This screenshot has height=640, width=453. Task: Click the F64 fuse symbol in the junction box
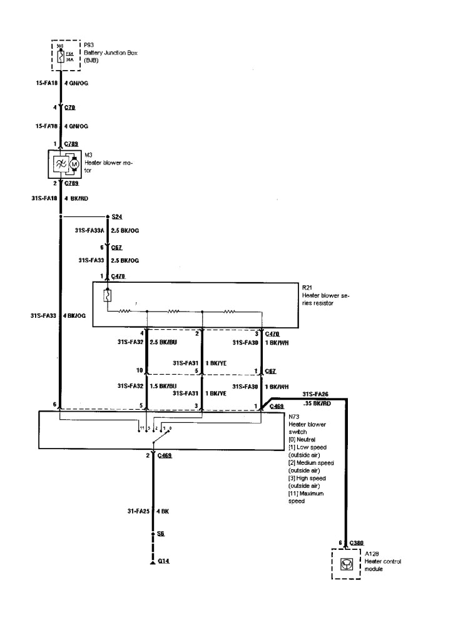pos(61,58)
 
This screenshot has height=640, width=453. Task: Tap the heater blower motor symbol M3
pos(66,163)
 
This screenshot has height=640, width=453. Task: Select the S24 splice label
pos(116,216)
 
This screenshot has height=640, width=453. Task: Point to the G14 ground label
pos(163,561)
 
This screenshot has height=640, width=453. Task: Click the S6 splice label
pos(161,534)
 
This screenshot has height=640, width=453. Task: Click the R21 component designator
pos(307,287)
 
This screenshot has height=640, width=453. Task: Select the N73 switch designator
pos(294,417)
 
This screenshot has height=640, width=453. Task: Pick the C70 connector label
pos(69,108)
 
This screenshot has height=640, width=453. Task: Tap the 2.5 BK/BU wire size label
pos(164,343)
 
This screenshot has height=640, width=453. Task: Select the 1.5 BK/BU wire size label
pos(164,386)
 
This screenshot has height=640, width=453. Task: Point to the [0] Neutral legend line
pos(303,439)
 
